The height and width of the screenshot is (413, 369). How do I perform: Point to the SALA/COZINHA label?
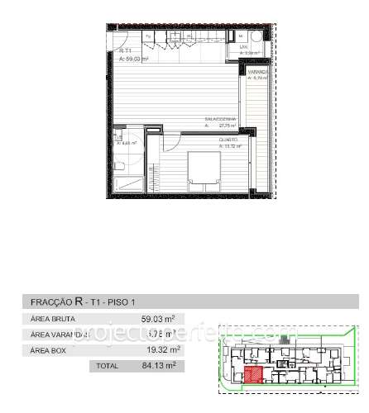point(221,119)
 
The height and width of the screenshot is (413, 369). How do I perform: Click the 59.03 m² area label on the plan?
point(133,59)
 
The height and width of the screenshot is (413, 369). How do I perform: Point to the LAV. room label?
point(245,47)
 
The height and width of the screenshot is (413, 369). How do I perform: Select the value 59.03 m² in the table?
point(157,320)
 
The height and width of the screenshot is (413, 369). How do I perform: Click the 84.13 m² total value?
point(159,365)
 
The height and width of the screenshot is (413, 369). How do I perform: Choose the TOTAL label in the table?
point(108,365)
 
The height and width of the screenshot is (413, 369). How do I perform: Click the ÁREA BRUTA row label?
point(52,320)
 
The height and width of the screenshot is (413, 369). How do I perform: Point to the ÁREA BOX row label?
point(49,350)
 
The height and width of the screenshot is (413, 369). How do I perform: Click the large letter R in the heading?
point(79,301)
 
